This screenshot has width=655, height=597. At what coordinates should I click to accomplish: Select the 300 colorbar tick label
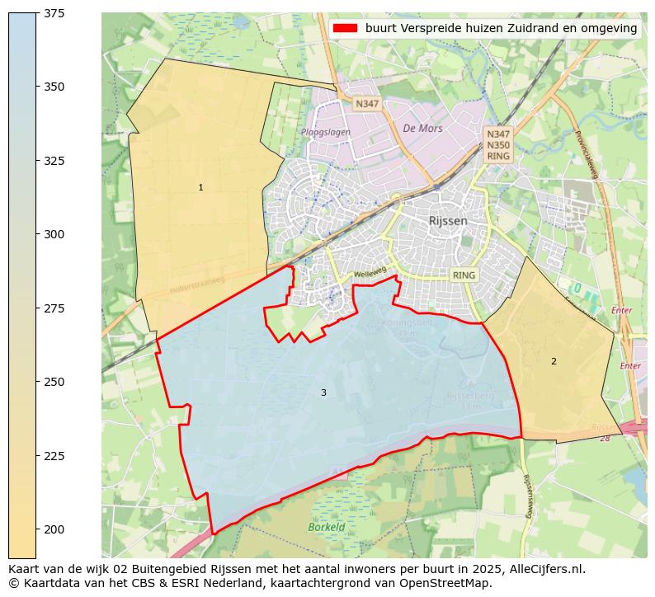(55, 234)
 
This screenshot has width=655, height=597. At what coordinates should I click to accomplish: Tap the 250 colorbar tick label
(55, 382)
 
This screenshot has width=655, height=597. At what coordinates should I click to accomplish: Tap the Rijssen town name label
(448, 221)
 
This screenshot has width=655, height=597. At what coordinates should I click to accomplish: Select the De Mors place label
(422, 129)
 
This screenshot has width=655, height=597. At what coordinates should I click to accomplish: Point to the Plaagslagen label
(324, 132)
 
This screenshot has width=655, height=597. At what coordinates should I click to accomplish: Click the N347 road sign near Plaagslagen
(365, 104)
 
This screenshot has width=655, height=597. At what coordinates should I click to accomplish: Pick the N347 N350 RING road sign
(498, 144)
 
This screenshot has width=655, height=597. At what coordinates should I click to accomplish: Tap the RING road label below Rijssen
(464, 275)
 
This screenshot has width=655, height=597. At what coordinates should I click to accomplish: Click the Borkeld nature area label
(326, 527)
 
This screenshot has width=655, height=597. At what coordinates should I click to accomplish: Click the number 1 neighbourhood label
(200, 188)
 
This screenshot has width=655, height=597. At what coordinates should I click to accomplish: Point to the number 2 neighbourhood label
(554, 361)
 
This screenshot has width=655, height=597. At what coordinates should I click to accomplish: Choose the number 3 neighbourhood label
(323, 393)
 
